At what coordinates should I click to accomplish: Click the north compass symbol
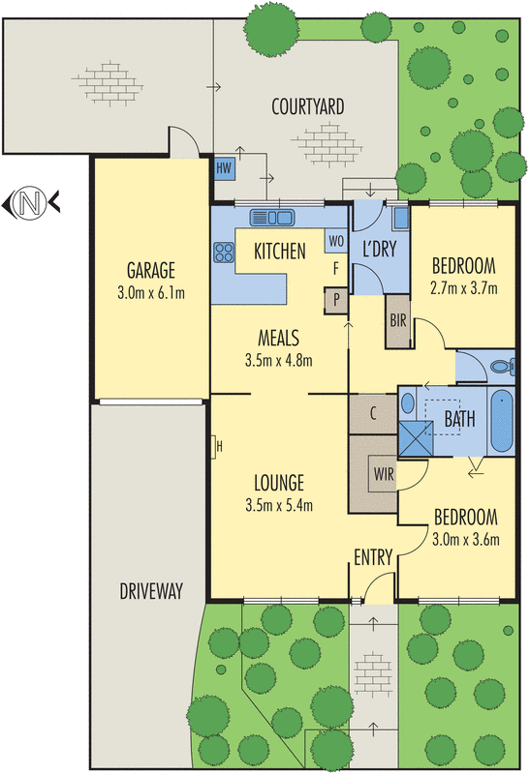31,203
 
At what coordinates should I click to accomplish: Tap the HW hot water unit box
225,167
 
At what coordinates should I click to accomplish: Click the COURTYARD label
308,106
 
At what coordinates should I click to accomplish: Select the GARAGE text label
150,270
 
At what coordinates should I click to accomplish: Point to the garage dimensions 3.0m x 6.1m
150,290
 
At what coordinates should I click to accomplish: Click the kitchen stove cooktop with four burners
224,253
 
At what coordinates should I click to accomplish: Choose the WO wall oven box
336,240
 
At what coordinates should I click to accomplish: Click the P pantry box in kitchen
336,300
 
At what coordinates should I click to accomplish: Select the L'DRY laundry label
379,250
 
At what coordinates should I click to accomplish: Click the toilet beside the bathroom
499,367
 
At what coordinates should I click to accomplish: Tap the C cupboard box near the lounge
372,413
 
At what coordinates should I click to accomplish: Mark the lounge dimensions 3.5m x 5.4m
281,503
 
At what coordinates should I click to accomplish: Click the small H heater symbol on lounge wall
218,446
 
